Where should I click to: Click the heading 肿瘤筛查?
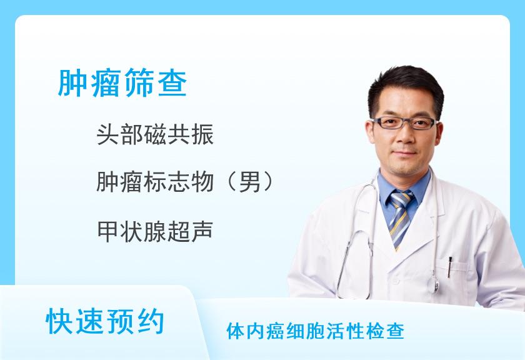122,83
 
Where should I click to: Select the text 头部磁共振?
156,134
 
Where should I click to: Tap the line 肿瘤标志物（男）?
186,182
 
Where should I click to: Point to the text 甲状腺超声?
156,231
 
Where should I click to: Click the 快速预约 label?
106,322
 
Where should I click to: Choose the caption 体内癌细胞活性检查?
316,331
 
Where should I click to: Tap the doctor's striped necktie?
400,216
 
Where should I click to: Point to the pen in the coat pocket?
449,266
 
